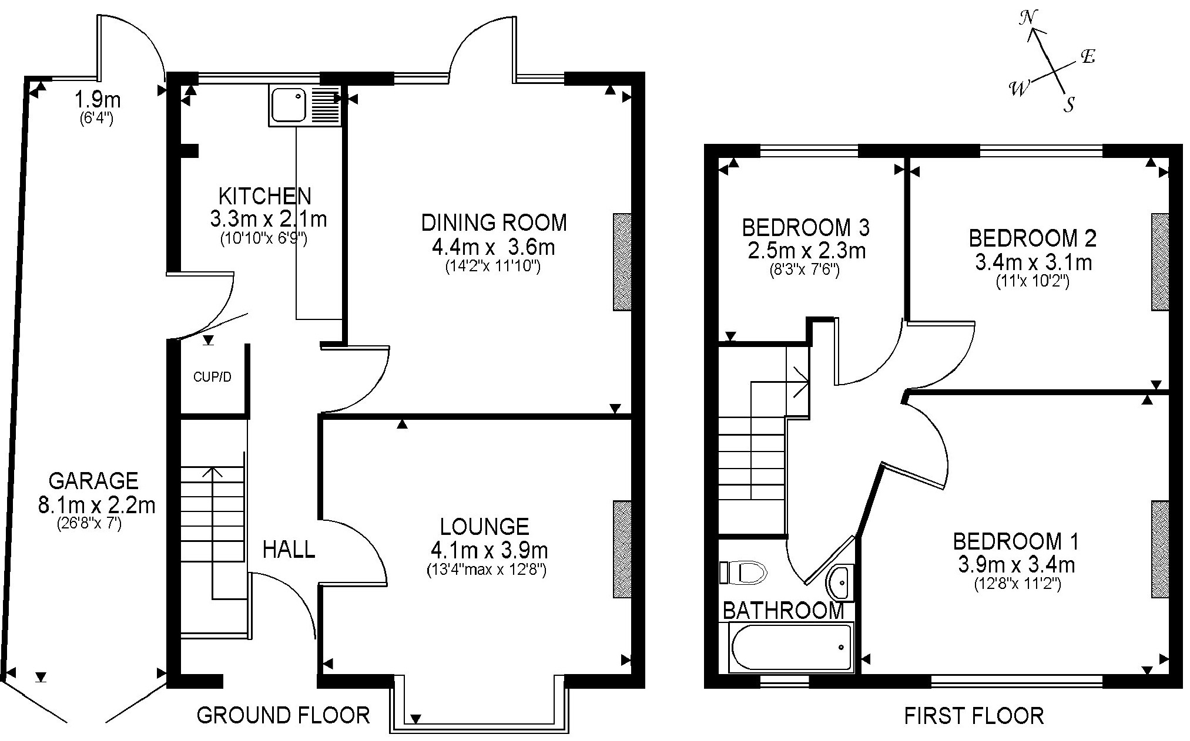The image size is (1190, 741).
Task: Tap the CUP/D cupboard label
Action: pos(212,377)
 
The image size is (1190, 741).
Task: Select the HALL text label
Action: pos(289,550)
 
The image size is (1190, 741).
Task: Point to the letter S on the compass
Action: pos(1070,105)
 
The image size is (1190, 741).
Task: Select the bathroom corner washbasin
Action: pos(840,582)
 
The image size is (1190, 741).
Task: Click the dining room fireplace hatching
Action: pos(622,261)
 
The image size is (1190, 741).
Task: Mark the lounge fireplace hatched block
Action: pos(622,549)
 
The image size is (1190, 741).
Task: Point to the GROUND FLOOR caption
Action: pos(283,715)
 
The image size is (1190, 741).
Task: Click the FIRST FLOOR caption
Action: pos(974,716)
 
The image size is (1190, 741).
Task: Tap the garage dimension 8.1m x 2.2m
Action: pos(97,505)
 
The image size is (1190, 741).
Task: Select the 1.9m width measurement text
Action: pos(97,100)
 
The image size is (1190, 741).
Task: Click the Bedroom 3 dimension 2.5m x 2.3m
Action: pos(806,251)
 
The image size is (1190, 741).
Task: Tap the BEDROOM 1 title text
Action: pos(1015,541)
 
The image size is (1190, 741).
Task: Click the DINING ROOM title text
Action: pos(494,223)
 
